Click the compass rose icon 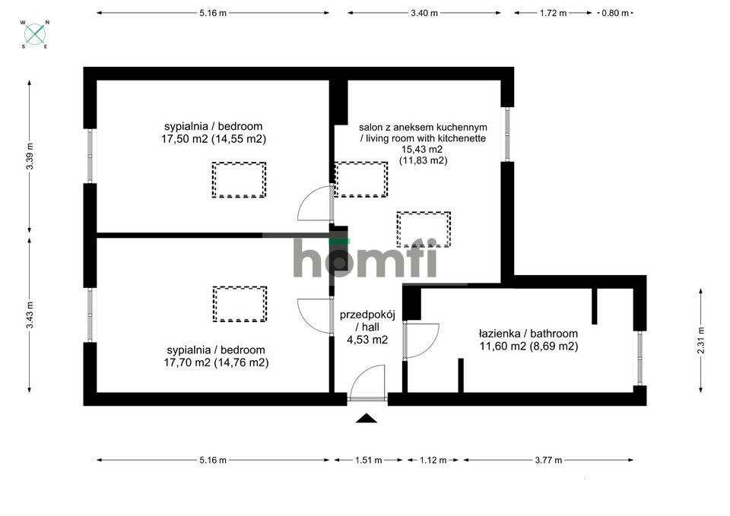point(35,33)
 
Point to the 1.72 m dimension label point(553,13)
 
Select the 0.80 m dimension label point(614,13)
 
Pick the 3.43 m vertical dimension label point(30,315)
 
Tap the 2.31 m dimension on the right point(700,340)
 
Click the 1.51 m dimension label point(368,460)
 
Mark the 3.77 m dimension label point(547,460)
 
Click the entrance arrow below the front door point(367,417)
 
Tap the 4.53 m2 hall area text point(367,340)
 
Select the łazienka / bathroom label point(528,334)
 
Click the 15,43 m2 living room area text point(424,150)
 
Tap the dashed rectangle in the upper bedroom point(239,180)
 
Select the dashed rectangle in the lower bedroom point(240,305)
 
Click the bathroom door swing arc point(424,340)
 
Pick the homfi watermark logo point(366,258)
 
